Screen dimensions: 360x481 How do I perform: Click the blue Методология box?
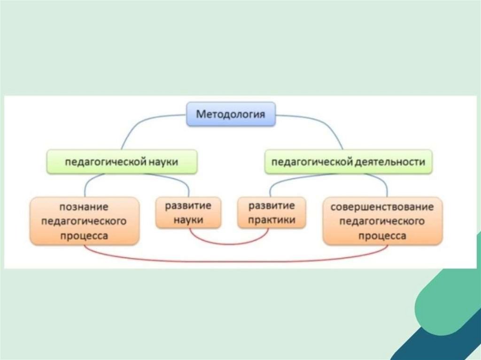(x=230, y=114)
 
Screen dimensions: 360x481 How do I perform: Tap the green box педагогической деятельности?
(x=348, y=162)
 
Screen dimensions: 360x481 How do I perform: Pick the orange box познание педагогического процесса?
(x=84, y=221)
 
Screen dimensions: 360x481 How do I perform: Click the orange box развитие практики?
(x=272, y=213)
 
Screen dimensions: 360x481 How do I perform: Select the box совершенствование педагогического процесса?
(x=382, y=221)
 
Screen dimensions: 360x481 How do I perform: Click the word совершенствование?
(x=382, y=207)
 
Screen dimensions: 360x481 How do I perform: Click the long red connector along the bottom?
(x=235, y=261)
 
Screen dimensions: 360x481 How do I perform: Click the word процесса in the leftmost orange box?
(x=84, y=236)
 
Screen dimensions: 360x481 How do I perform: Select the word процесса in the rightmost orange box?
(x=382, y=236)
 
